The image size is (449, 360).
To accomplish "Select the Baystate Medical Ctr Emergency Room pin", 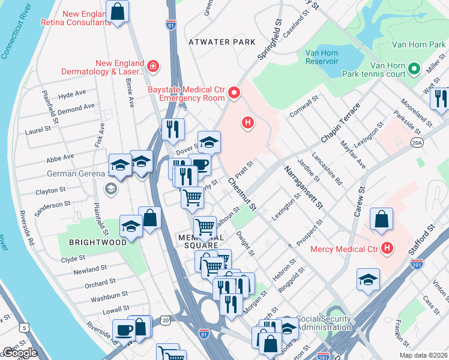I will (234, 94).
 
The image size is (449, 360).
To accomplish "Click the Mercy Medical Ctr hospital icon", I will (387, 247).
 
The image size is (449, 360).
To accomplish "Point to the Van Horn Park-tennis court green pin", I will (414, 69).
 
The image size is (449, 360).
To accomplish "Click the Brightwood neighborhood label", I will (97, 242).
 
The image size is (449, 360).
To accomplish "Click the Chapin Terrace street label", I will (340, 123).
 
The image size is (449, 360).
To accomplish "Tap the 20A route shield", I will (417, 142).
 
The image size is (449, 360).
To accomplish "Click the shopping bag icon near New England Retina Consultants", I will (118, 10).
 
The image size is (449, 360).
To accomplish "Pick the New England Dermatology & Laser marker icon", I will (154, 65).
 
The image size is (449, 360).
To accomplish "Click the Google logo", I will (19, 353).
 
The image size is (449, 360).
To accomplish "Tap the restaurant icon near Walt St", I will (441, 98).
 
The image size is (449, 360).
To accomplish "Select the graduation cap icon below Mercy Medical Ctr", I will (368, 279).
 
